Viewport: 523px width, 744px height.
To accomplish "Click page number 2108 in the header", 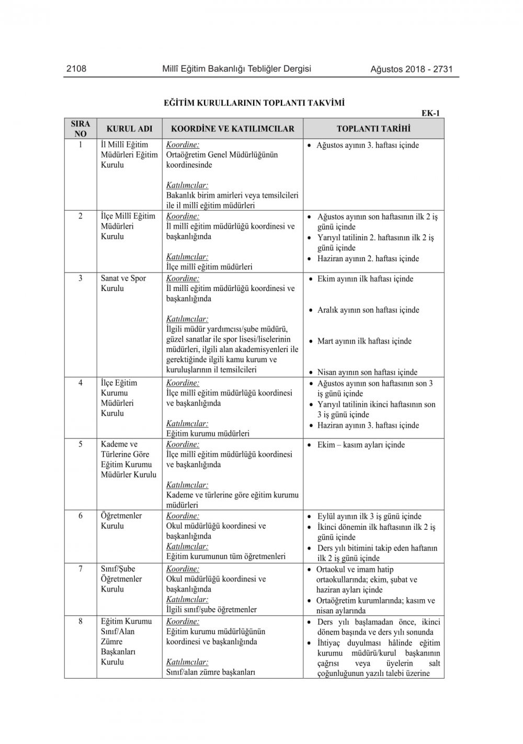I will pos(76,68).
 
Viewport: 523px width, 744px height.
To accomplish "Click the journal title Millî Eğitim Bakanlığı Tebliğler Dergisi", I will pos(236,68).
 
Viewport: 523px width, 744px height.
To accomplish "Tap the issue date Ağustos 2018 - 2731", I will pos(411,69).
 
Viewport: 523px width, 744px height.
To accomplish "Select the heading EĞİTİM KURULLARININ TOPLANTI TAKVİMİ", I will pos(254,103).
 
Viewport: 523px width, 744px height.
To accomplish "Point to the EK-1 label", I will pos(430,113).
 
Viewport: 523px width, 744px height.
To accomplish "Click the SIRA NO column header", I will pos(81,129).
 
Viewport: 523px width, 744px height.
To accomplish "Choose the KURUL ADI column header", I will pos(129,129).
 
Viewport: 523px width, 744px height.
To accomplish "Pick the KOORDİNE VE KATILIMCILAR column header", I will pos(233,129).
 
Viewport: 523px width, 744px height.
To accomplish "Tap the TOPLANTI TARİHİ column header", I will pos(373,129).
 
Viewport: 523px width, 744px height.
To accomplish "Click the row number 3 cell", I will pos(81,278).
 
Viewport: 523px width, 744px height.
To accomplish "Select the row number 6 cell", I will pos(81,516).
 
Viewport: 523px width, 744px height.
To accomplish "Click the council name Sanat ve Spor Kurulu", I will pos(123,283).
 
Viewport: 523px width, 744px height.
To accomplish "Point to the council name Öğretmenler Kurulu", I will pos(121,521).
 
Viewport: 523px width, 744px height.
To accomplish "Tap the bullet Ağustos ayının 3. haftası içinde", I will pos(367,145).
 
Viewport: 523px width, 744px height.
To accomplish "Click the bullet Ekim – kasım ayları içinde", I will pos(361,445).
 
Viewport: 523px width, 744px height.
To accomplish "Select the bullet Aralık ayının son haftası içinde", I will pos(368,310).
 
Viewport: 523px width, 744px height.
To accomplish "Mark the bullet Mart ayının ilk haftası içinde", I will pos(364,342).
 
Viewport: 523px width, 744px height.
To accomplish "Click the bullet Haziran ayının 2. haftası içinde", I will pos(368,259).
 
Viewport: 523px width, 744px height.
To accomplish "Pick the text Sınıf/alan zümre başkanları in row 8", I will pos(210,672).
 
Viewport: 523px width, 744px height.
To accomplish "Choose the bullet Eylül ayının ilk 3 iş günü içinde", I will pos(369,516).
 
